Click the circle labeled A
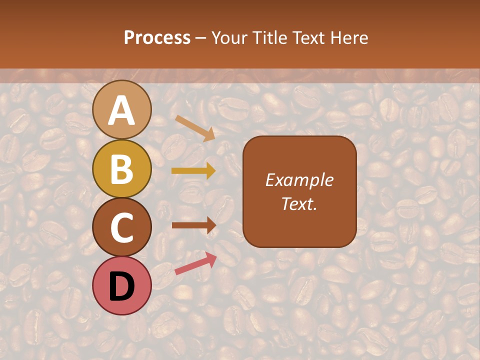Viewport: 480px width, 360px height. click(121, 109)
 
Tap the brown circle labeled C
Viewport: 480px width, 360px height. click(121, 227)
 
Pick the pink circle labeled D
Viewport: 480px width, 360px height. click(121, 285)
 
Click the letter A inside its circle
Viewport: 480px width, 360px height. click(121, 110)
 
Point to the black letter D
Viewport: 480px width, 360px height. click(121, 286)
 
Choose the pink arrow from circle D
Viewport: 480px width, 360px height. click(195, 263)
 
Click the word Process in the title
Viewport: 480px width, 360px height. click(157, 37)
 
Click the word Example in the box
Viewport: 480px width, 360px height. click(299, 180)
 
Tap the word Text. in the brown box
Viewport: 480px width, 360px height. click(299, 203)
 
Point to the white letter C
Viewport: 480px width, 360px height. click(121, 228)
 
